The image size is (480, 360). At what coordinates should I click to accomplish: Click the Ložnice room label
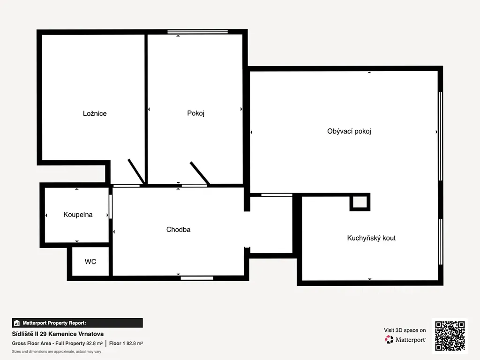(95, 113)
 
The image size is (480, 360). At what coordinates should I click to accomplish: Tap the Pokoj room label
(195, 113)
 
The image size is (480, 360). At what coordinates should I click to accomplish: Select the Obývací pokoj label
(349, 131)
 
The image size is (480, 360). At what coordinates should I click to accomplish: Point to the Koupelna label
(78, 215)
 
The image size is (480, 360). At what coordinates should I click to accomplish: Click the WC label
(90, 262)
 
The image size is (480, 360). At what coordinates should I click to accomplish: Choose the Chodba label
(178, 230)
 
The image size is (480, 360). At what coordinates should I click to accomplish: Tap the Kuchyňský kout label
(371, 238)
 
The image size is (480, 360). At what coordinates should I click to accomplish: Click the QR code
(450, 336)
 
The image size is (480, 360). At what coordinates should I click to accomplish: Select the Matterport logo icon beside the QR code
(389, 339)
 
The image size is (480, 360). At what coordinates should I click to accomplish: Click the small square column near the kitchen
(360, 202)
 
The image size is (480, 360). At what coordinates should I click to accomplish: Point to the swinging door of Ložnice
(136, 172)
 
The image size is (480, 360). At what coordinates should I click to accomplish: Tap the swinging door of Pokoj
(200, 173)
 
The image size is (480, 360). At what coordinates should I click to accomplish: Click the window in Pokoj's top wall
(197, 31)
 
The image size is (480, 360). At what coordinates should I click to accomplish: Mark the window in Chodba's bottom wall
(197, 278)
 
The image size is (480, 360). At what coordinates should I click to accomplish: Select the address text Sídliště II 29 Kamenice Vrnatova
(58, 334)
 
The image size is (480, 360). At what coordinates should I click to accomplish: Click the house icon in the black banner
(17, 323)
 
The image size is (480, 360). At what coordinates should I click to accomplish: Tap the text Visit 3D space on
(405, 330)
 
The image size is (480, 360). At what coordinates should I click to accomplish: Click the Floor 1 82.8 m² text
(126, 344)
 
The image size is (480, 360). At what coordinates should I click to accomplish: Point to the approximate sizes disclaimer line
(57, 352)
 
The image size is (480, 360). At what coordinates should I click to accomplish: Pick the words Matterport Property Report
(54, 323)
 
